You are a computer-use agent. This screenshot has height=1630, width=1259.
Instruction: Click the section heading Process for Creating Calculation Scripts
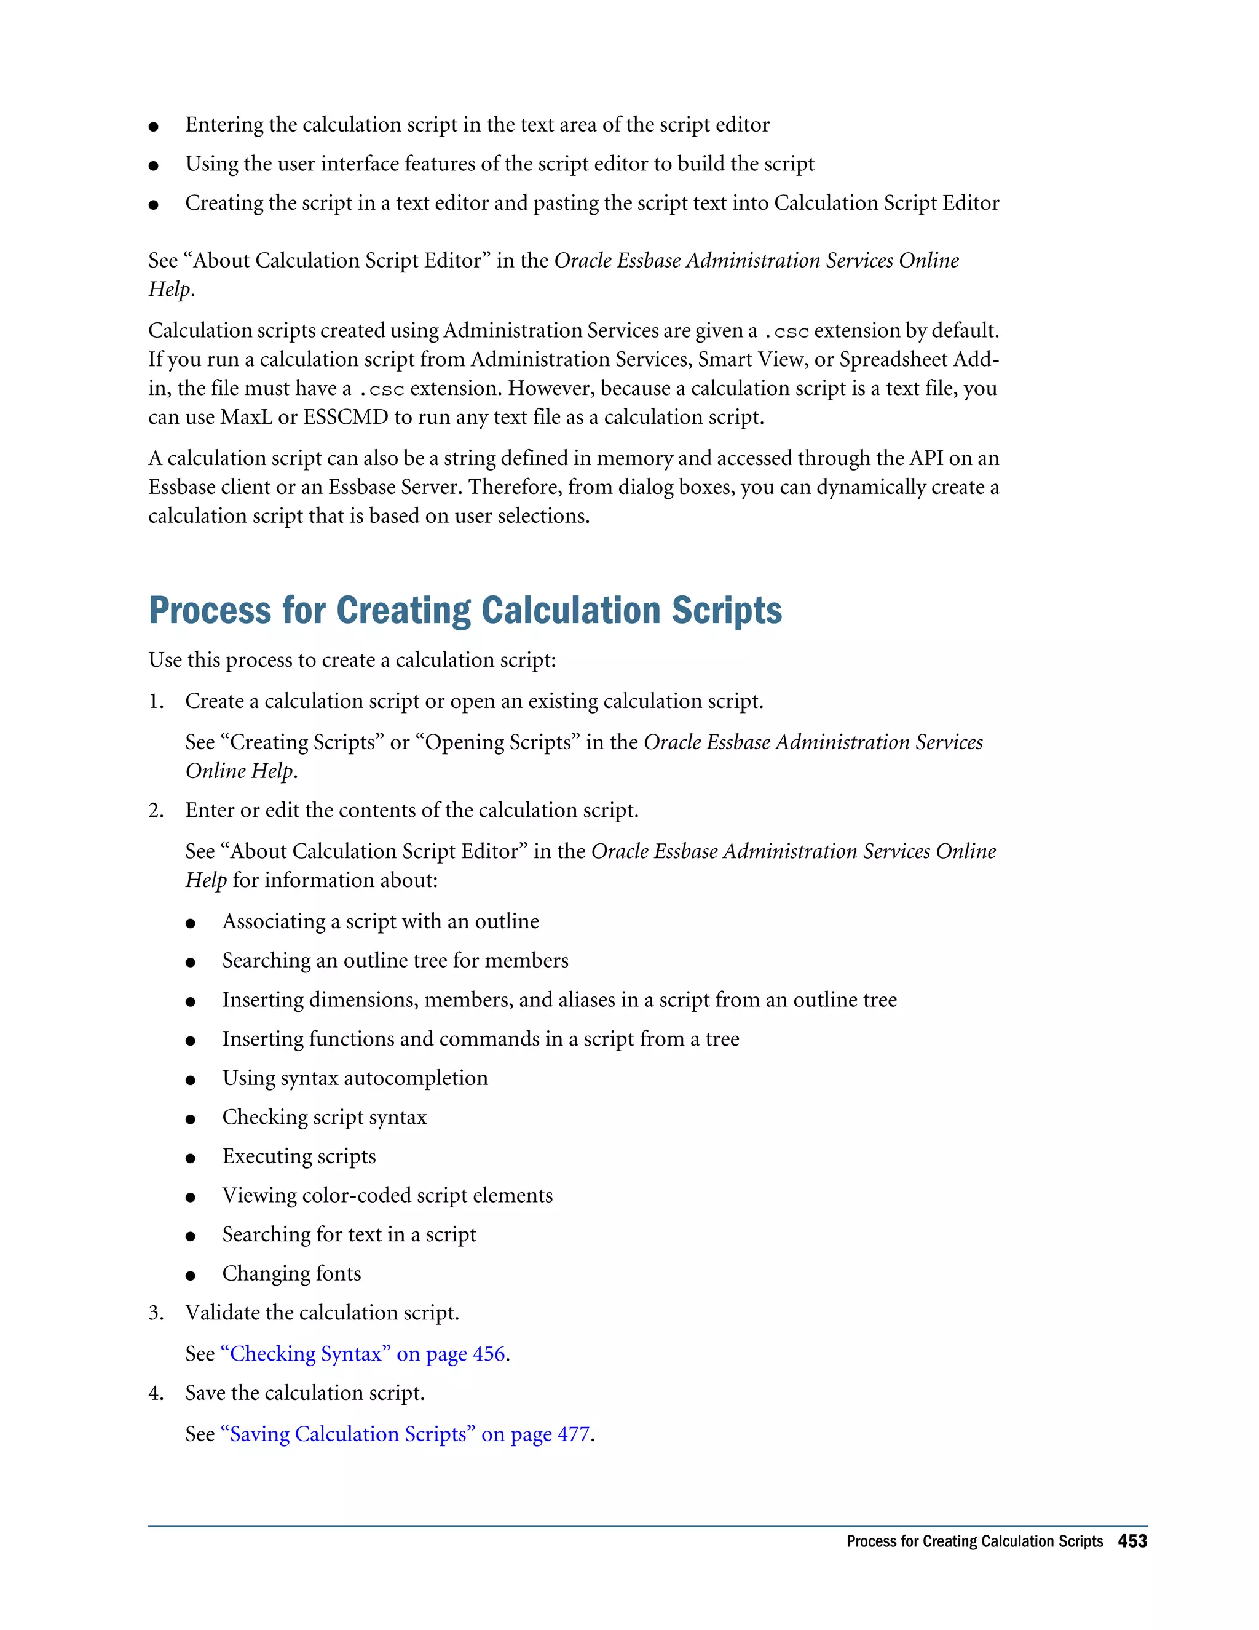(x=465, y=611)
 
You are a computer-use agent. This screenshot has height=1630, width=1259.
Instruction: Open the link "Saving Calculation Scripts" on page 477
(x=406, y=1434)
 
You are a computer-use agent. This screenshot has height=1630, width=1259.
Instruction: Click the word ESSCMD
(x=345, y=417)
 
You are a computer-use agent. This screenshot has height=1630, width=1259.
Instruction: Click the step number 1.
(x=155, y=702)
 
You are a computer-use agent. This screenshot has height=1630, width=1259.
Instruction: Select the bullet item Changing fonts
(x=291, y=1274)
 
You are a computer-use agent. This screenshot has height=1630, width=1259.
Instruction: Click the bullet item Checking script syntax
(x=324, y=1117)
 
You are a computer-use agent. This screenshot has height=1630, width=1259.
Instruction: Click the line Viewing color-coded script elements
(x=387, y=1196)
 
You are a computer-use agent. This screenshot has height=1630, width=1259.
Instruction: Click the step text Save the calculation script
(x=304, y=1393)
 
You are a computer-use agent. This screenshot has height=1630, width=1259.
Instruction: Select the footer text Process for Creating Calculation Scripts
(x=974, y=1541)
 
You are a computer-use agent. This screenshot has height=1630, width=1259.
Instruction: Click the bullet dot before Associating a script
(x=191, y=924)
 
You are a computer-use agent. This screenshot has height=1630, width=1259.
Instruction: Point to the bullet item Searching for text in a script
(x=349, y=1235)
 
